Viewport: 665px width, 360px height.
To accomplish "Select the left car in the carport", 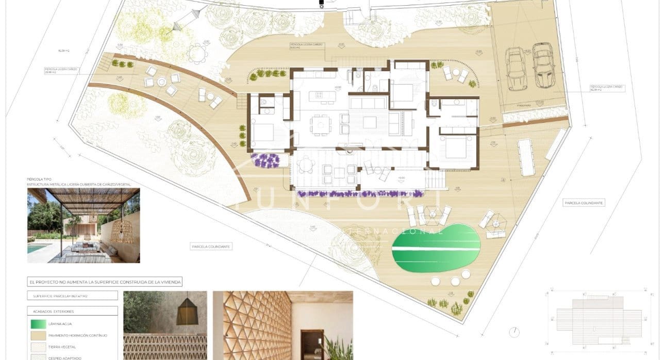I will tap(516, 68).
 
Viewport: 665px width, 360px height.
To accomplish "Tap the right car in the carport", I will tap(542, 65).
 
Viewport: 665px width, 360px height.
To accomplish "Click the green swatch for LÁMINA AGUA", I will tap(38, 323).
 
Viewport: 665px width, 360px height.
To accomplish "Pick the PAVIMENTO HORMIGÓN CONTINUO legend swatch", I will tap(38, 335).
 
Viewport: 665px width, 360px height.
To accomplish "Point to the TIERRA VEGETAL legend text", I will tap(61, 347).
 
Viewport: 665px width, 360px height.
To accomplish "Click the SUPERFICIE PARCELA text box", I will tap(72, 296).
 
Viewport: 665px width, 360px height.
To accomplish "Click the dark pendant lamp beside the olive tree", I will tap(187, 314).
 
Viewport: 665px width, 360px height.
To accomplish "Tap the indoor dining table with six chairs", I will tap(319, 124).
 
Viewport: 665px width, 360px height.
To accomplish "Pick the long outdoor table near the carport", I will tap(526, 156).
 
